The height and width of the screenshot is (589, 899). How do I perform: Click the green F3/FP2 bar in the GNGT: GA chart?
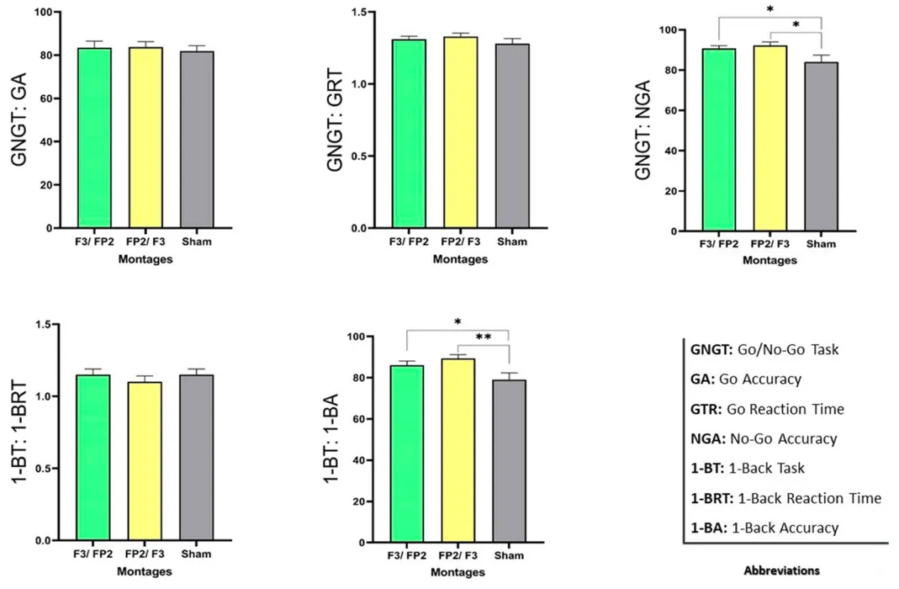[95, 139]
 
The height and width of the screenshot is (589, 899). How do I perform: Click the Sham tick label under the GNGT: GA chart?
[195, 242]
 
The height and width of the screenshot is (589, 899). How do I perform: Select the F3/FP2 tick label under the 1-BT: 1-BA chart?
[406, 556]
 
